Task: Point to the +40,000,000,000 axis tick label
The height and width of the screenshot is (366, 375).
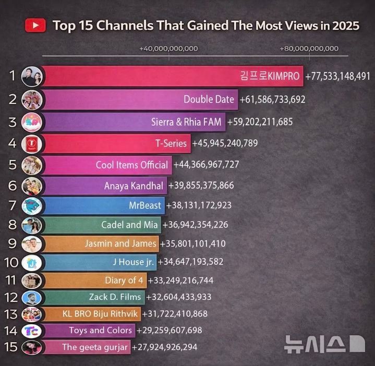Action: [x=168, y=48]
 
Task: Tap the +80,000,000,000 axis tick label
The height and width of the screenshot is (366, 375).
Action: [x=309, y=48]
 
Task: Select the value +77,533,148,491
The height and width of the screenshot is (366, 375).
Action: [x=338, y=76]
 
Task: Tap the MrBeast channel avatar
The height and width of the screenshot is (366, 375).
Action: [x=30, y=205]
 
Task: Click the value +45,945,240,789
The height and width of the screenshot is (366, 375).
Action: [x=225, y=143]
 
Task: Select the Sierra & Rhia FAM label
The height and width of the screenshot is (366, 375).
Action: [x=187, y=123]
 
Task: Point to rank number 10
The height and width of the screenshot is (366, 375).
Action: [x=11, y=262]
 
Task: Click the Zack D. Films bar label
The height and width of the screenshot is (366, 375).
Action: [x=115, y=297]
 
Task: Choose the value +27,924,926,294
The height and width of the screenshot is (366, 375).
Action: [x=164, y=346]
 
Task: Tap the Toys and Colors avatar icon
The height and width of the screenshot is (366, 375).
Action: [x=30, y=330]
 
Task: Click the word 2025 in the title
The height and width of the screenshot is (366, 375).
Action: [x=343, y=26]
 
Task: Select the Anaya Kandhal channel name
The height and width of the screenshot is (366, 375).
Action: [x=134, y=186]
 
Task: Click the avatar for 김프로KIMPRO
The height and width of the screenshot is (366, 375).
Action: [x=30, y=76]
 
